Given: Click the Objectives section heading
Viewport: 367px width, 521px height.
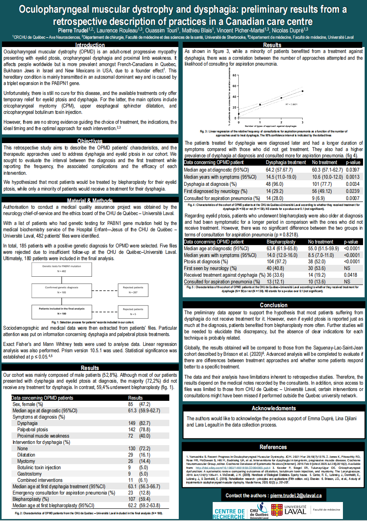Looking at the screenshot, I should [x=90, y=141].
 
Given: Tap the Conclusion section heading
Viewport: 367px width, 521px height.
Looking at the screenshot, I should [x=273, y=305].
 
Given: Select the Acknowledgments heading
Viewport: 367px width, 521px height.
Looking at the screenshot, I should [x=273, y=408].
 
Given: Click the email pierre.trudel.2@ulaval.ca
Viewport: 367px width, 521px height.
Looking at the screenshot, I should [x=296, y=495].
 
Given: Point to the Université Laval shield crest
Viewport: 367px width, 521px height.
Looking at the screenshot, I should [x=277, y=510].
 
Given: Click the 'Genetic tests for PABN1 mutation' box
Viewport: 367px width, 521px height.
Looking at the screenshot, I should [x=62, y=269].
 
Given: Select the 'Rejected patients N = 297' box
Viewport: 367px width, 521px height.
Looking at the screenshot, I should [x=133, y=290].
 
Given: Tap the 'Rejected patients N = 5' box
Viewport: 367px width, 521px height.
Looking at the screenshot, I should [x=133, y=311].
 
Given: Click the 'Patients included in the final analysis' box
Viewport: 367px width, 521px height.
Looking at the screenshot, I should [x=62, y=311].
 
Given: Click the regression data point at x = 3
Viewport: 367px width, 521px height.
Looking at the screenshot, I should [x=303, y=91].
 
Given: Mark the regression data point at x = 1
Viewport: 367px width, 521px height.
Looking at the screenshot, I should [x=260, y=105].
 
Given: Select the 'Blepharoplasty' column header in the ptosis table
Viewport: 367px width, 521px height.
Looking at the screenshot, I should [x=281, y=242].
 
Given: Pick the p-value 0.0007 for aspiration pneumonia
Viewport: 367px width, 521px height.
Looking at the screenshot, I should [x=353, y=198].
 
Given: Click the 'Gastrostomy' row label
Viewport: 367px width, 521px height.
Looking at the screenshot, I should [x=29, y=474].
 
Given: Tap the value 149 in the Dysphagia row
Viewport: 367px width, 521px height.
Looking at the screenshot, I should [x=132, y=423].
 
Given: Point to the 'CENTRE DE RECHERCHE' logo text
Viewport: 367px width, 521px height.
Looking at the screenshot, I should [x=229, y=514].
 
